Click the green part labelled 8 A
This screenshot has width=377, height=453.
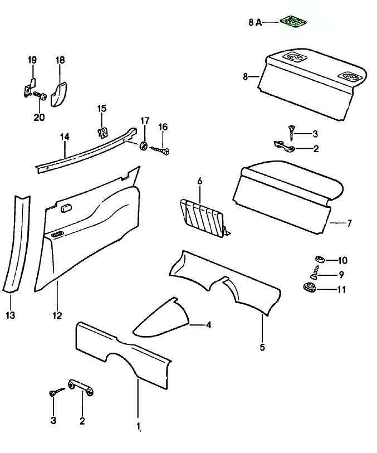(x=295, y=21)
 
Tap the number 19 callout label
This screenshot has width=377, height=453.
(x=32, y=60)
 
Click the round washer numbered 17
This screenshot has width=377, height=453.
(x=144, y=147)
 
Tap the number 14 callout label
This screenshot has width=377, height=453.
(x=65, y=137)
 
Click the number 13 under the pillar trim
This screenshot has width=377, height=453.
(x=11, y=315)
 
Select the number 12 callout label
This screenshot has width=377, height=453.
(x=57, y=315)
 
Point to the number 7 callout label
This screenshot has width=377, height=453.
(x=349, y=224)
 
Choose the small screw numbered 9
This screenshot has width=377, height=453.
(x=316, y=274)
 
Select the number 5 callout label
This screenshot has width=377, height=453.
(x=262, y=348)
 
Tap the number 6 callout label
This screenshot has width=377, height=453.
(x=199, y=181)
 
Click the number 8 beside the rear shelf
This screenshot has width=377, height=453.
(x=246, y=77)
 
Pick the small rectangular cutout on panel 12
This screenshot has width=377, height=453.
(x=65, y=208)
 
